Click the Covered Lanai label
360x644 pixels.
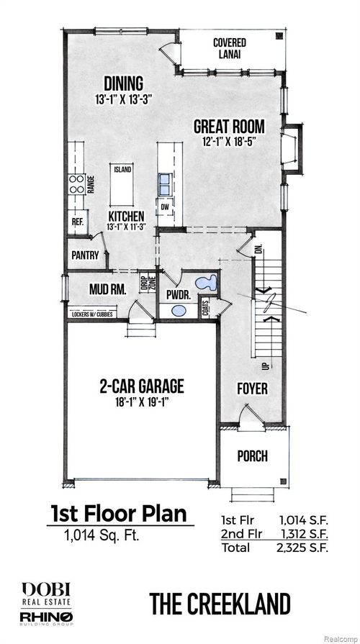[x=229, y=48]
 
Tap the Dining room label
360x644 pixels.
[x=122, y=83]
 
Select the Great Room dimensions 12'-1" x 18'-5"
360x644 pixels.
[x=229, y=142]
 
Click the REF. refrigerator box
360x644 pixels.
[x=77, y=222]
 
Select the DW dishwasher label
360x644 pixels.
[x=164, y=208]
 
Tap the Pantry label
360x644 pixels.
[x=84, y=255]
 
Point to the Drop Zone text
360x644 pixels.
[x=143, y=282]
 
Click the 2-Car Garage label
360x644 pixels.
[x=142, y=386]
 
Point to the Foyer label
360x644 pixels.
[x=252, y=389]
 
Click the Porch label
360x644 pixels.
[x=252, y=455]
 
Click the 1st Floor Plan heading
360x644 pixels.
[x=118, y=514]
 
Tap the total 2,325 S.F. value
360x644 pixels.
[x=303, y=548]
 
